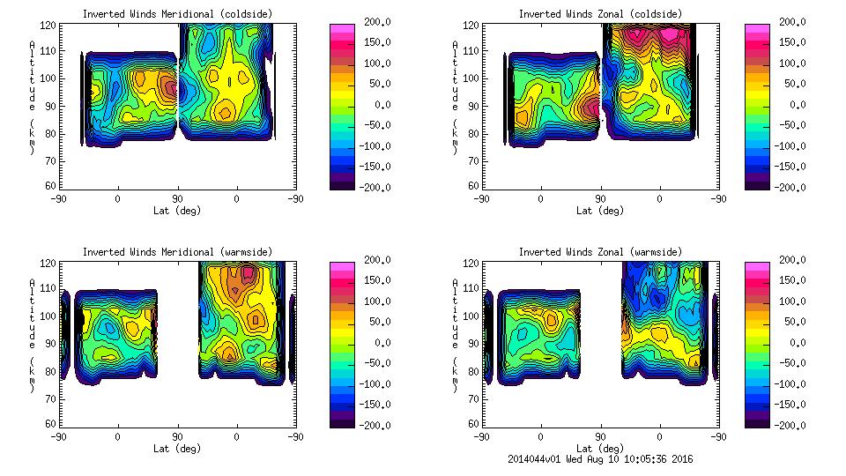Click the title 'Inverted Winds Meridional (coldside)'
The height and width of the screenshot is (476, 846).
pyautogui.click(x=177, y=14)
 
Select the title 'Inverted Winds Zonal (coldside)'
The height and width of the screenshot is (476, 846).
pyautogui.click(x=600, y=14)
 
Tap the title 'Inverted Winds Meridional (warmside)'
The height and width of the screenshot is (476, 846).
pyautogui.click(x=177, y=252)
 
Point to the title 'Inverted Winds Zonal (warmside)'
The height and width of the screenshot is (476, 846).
pyautogui.click(x=600, y=252)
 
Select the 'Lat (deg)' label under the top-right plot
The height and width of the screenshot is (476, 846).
pyautogui.click(x=600, y=211)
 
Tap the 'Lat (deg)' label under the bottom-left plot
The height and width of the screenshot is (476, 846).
pyautogui.click(x=177, y=449)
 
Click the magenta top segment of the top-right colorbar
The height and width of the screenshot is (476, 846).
pyautogui.click(x=757, y=28)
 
